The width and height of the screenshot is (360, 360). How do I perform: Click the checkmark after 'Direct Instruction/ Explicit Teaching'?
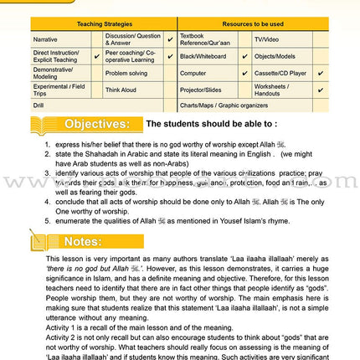[97, 56]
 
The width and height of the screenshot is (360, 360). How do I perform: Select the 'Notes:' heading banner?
[84, 242]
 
